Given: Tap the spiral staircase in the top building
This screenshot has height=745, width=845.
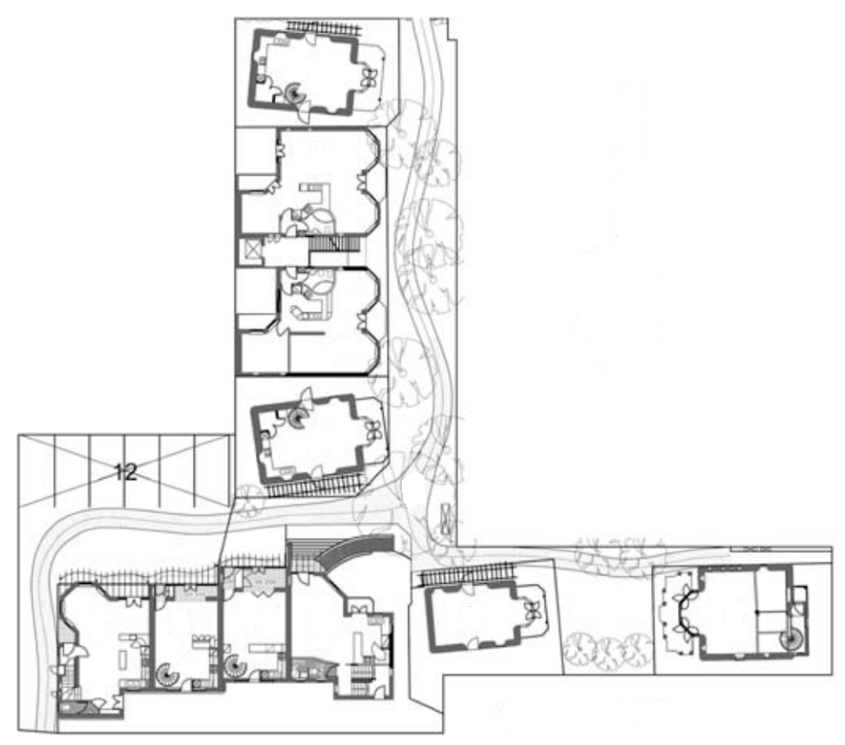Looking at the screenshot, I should (295, 94).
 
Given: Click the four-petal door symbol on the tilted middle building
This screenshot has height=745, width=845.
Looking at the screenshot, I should (374, 430).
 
